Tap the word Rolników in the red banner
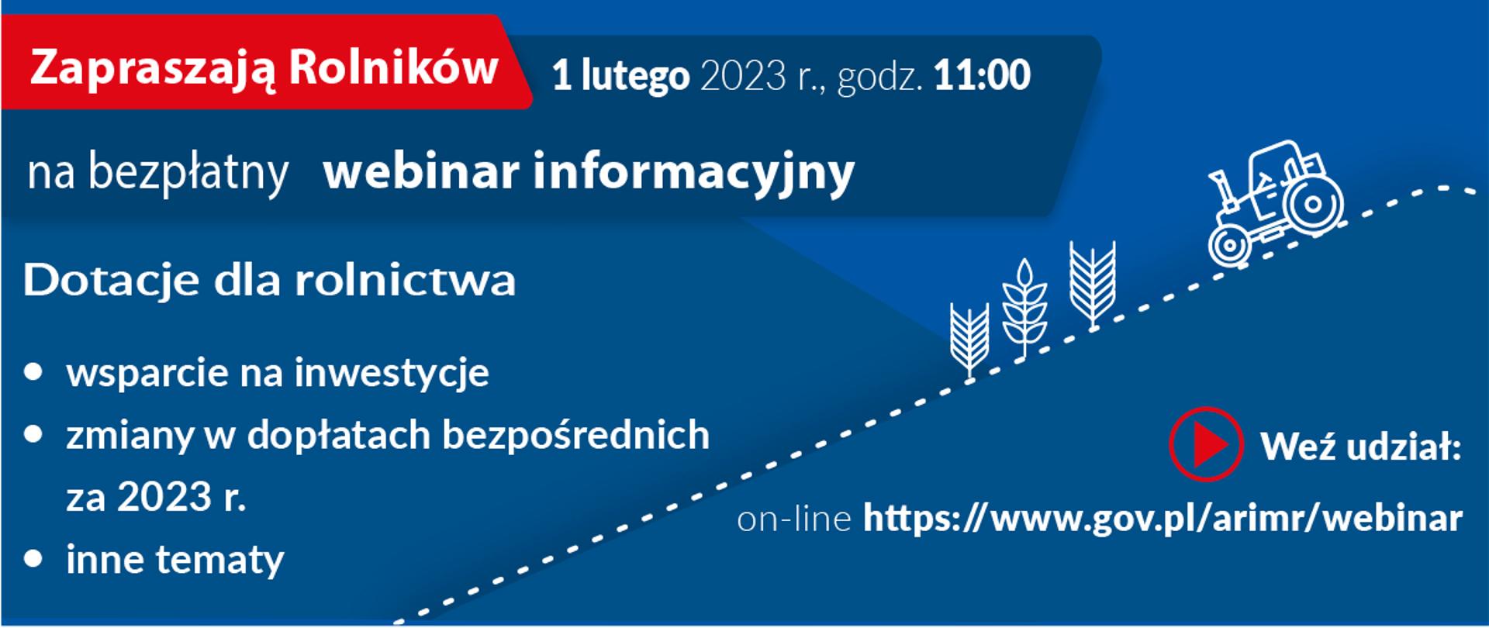(393, 68)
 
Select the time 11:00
(982, 75)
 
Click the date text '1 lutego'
(620, 76)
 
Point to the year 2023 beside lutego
(744, 76)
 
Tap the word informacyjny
(693, 173)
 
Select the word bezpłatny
(188, 172)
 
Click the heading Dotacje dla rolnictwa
(269, 280)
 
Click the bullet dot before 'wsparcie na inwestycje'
(33, 372)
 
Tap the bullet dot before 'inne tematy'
(33, 559)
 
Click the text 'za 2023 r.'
(156, 497)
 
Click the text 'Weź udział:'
(1360, 447)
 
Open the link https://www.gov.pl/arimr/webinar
(1163, 518)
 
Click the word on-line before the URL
(793, 519)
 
